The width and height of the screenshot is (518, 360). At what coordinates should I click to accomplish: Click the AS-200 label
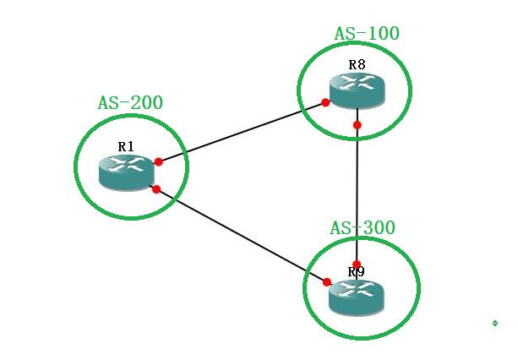pos(130,103)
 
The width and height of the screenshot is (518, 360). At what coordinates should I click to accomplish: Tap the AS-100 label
pos(367,34)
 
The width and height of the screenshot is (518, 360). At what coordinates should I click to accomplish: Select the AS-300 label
pos(363,228)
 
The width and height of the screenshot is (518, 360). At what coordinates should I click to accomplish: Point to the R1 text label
pos(126,146)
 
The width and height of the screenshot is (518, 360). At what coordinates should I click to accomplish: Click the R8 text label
pos(357,64)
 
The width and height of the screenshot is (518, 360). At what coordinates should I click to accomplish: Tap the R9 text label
pos(356,272)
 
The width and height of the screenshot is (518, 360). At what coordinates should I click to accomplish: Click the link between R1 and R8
pos(242,133)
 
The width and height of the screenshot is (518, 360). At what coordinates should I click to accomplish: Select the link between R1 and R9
pos(241,235)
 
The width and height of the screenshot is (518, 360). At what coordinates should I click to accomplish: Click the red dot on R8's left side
pos(325,103)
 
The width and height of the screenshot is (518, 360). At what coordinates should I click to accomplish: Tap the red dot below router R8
pos(357,125)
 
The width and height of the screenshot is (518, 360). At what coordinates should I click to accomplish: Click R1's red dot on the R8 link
pos(158,161)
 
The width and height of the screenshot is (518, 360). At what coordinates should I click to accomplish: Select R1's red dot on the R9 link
pos(155,188)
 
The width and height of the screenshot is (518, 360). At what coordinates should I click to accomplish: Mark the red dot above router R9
pos(357,265)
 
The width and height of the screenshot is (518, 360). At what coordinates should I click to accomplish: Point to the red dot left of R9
pos(326,281)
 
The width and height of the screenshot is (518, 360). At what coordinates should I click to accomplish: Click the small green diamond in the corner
pos(495,323)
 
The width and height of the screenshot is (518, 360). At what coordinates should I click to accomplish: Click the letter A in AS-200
pos(103,103)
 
